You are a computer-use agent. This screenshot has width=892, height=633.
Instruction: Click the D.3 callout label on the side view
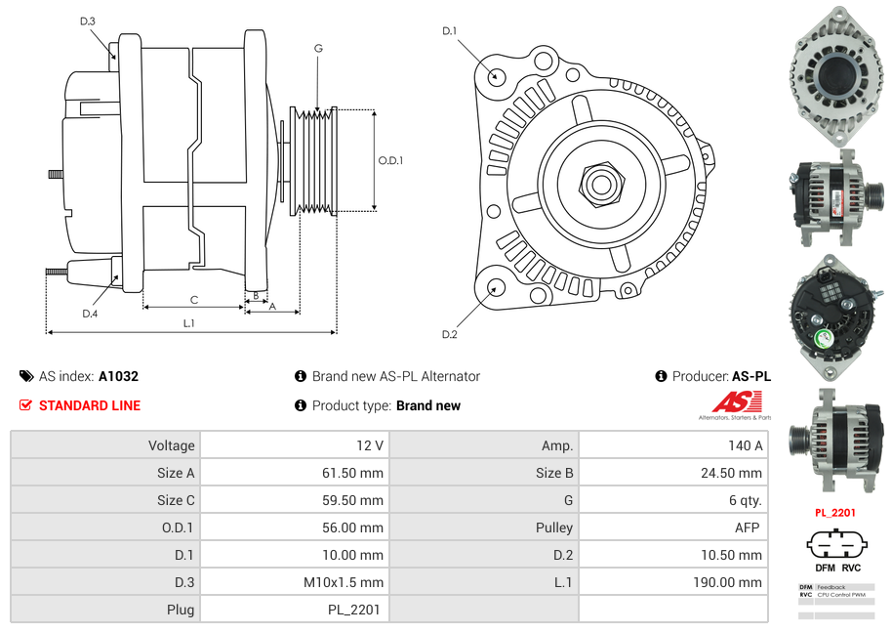click(x=87, y=21)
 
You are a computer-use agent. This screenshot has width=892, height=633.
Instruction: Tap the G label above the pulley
click(x=318, y=48)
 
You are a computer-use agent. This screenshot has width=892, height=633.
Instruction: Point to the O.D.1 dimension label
click(x=390, y=160)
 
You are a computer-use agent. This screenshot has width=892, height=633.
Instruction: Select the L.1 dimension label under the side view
click(x=189, y=322)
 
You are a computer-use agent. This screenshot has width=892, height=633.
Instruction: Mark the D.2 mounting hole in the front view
click(x=495, y=288)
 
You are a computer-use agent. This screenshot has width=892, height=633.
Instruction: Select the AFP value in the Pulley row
click(x=749, y=527)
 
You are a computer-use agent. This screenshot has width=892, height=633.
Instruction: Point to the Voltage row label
click(x=171, y=445)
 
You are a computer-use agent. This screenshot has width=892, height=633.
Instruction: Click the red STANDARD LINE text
click(x=90, y=405)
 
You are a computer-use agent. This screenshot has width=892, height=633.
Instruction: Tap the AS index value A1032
click(x=118, y=376)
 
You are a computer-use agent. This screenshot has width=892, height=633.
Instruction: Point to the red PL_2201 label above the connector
click(x=835, y=512)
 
